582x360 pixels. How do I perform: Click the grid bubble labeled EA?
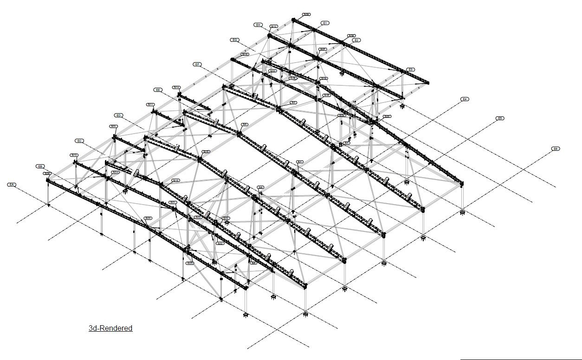point(12,185)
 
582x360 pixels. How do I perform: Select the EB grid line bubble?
point(40,166)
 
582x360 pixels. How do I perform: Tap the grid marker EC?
point(79,141)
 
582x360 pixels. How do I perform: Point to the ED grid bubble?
point(119,115)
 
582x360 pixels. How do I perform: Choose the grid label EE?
point(158,90)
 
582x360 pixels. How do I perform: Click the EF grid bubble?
point(197,64)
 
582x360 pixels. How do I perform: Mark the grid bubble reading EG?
point(234,40)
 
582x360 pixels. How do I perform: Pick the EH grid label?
point(258,25)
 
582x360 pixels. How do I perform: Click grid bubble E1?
point(325,23)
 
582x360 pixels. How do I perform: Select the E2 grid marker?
point(356,40)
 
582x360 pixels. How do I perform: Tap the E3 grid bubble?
point(410,70)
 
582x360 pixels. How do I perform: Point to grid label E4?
point(465,99)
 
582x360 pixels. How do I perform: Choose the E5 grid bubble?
point(500,118)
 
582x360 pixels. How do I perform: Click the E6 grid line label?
point(555,148)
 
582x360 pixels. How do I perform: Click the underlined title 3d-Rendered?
point(110,328)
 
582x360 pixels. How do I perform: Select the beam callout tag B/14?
point(176,87)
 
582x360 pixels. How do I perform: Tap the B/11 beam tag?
point(150,104)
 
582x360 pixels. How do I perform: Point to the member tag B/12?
point(74,155)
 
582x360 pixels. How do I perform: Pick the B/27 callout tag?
point(387,116)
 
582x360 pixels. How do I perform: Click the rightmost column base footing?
point(462,212)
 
